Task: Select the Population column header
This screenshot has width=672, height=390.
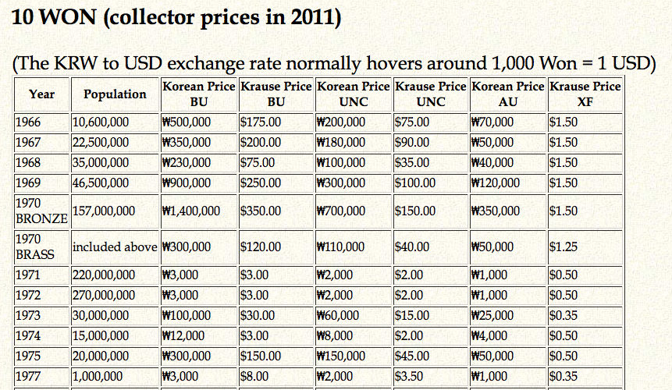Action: (115, 94)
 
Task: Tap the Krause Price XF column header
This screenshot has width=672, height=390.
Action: (585, 94)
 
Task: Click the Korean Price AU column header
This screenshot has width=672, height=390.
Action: (507, 94)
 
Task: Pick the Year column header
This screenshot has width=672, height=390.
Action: (42, 94)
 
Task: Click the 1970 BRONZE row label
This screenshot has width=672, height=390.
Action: (41, 211)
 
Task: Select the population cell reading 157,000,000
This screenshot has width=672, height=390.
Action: (103, 211)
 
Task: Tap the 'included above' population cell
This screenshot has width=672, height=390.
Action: (114, 246)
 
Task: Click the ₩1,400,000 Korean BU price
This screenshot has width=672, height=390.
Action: (191, 211)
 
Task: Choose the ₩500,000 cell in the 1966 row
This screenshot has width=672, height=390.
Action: (186, 122)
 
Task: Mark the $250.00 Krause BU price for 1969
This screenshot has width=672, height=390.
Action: (261, 183)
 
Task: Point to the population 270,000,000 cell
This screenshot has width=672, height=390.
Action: (103, 296)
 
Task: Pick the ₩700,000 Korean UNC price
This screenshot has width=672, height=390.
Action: (340, 211)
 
